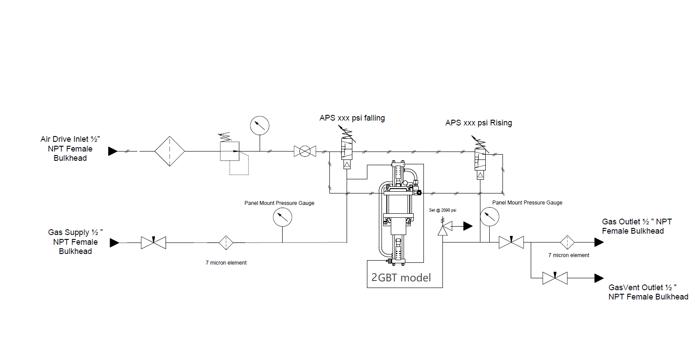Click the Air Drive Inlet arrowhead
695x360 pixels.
coord(113,151)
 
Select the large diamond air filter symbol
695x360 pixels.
coord(170,151)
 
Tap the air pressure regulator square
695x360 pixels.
coord(230,151)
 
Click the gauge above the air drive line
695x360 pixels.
coord(260,125)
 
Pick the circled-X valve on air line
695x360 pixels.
coord(305,151)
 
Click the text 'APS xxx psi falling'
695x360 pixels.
coord(352,118)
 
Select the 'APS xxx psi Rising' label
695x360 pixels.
coord(479,123)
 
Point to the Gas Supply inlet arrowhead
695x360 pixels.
coord(114,243)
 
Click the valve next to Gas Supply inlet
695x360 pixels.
coord(154,243)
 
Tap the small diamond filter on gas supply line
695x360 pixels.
coord(226,243)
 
